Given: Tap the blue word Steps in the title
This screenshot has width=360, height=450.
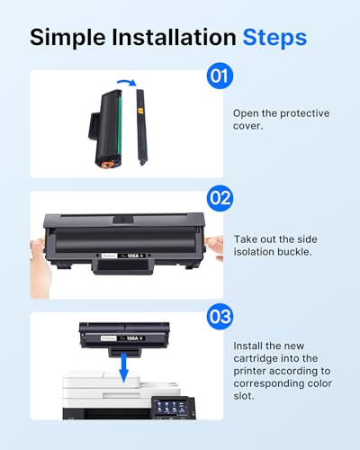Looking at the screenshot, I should point(274,37).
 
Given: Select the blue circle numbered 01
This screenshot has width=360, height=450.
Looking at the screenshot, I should point(218,76).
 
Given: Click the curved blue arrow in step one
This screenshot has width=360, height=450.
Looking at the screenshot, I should point(126,82).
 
